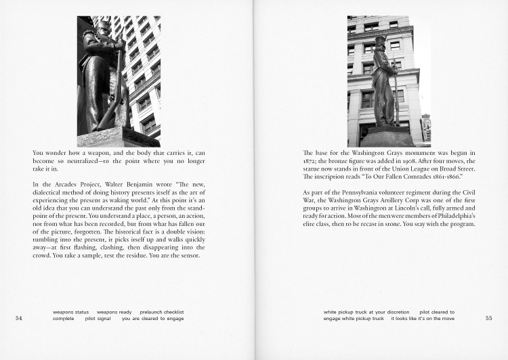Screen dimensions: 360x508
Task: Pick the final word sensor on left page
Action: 195,255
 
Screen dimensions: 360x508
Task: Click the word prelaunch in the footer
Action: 151,312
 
